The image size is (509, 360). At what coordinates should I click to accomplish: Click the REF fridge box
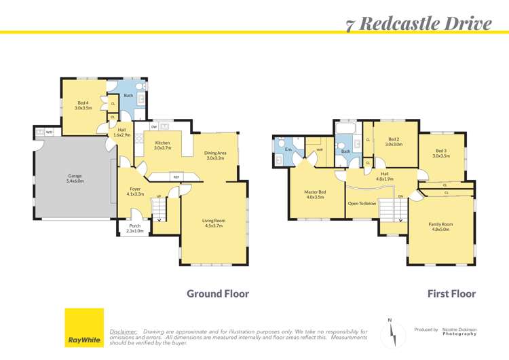[x=176, y=177]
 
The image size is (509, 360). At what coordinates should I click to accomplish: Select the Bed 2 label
[x=394, y=141]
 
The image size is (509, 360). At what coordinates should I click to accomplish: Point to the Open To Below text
[x=362, y=203]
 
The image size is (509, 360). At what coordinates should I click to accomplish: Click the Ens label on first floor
[x=288, y=149]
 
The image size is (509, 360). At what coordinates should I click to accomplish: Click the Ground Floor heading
[x=218, y=294]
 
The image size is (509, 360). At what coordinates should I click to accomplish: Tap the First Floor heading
[x=451, y=294]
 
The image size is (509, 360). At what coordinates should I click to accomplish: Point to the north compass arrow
[x=390, y=332]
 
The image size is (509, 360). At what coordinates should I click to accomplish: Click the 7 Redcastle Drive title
[x=418, y=24]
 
